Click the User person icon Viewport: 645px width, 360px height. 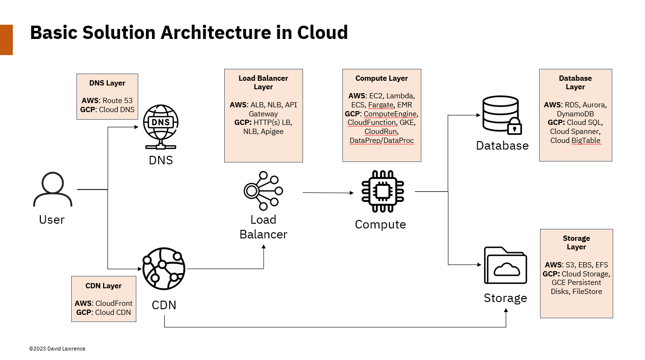[x=52, y=190]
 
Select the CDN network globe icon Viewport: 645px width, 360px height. [x=163, y=269]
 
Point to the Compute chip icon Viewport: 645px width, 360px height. [x=382, y=191]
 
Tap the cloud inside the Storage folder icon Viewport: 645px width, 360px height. [x=506, y=269]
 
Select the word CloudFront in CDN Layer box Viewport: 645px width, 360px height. [x=114, y=303]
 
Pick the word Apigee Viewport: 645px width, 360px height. [x=272, y=132]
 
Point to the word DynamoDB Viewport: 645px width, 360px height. [x=575, y=114]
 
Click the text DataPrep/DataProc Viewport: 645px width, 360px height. [x=381, y=141]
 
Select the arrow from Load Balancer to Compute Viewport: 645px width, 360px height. [x=328, y=193]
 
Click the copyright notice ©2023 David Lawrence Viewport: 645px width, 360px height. [x=57, y=349]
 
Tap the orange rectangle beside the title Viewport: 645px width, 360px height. [x=6, y=40]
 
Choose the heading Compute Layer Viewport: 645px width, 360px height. [x=381, y=78]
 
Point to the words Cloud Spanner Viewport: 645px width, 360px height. [x=575, y=132]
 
